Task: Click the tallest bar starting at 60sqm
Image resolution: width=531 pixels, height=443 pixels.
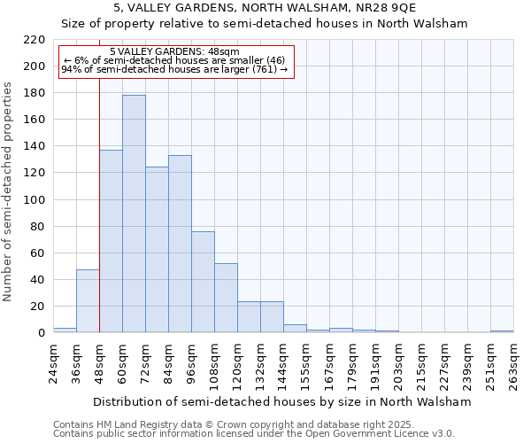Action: (x=134, y=214)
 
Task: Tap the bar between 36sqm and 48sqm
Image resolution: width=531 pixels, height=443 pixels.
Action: (x=88, y=301)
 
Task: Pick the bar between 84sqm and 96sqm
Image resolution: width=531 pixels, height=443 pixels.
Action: (x=180, y=244)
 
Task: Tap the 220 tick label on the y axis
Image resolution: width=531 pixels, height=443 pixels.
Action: (x=35, y=40)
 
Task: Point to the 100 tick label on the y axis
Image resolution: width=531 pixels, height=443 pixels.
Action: (x=35, y=200)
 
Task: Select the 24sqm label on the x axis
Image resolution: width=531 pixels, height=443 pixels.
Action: (x=53, y=362)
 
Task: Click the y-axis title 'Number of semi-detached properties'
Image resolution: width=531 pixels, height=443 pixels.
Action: (x=9, y=191)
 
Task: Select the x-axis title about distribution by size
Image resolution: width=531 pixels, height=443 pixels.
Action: (x=282, y=401)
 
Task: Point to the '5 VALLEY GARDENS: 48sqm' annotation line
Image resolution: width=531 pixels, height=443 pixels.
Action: (x=174, y=51)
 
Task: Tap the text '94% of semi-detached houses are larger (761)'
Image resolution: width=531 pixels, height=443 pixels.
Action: (x=174, y=70)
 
